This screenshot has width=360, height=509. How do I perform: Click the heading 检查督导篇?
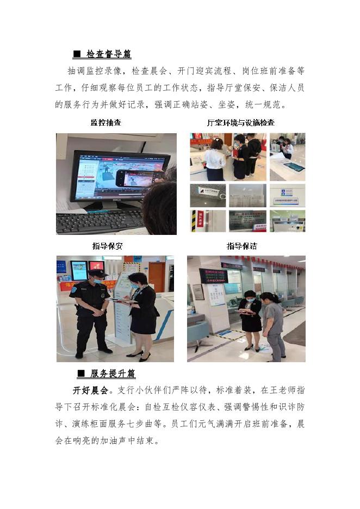(109, 53)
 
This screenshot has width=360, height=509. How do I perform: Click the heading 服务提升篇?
(113, 373)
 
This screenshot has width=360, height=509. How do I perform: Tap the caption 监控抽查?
(106, 122)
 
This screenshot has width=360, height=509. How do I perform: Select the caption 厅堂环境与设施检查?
(241, 122)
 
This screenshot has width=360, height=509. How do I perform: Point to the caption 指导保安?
(108, 246)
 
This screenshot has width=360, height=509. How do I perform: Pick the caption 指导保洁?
(242, 246)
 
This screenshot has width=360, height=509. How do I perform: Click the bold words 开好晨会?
(90, 390)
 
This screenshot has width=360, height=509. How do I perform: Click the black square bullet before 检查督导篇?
(77, 54)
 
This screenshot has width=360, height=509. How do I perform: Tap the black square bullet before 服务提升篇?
(81, 374)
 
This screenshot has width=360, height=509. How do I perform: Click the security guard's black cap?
(97, 273)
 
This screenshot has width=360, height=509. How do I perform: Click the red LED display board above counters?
(213, 276)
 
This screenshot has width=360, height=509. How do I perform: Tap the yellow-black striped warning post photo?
(208, 221)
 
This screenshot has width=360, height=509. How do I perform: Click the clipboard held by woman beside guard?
(123, 301)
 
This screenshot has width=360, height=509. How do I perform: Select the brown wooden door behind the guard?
(157, 277)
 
